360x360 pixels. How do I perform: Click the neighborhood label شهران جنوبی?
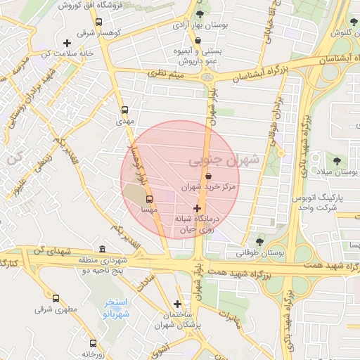[x=223, y=160]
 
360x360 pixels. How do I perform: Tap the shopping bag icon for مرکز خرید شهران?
[x=207, y=175]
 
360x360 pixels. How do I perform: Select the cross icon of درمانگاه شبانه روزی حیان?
[x=196, y=208]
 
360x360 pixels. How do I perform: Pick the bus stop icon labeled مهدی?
[x=124, y=110]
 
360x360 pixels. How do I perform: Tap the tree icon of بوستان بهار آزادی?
[x=200, y=13]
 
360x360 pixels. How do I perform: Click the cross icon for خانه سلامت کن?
[x=67, y=43]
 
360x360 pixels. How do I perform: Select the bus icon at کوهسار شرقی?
[x=99, y=21]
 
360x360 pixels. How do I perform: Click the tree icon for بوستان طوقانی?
[x=259, y=242]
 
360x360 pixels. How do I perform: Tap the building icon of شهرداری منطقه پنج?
[x=103, y=250]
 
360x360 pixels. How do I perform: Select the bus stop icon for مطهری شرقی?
[x=56, y=298]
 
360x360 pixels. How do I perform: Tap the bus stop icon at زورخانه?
[x=93, y=344]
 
